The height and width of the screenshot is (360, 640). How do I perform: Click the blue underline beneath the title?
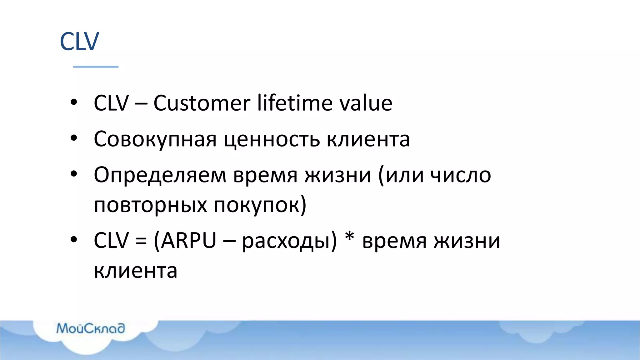[96, 67]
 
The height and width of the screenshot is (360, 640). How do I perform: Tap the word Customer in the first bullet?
[202, 103]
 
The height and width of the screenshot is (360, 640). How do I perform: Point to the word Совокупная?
[155, 139]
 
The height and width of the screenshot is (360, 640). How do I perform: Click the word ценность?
[272, 139]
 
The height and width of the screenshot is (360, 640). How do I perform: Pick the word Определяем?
[160, 175]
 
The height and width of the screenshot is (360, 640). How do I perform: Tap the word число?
[461, 175]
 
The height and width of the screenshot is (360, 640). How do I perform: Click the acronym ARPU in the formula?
[189, 241]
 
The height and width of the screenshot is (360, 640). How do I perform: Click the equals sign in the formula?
[141, 242]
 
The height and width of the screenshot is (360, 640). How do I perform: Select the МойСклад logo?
[91, 328]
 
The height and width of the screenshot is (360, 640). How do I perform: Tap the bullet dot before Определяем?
[74, 174]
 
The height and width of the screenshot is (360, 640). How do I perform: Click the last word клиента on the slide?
[136, 271]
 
